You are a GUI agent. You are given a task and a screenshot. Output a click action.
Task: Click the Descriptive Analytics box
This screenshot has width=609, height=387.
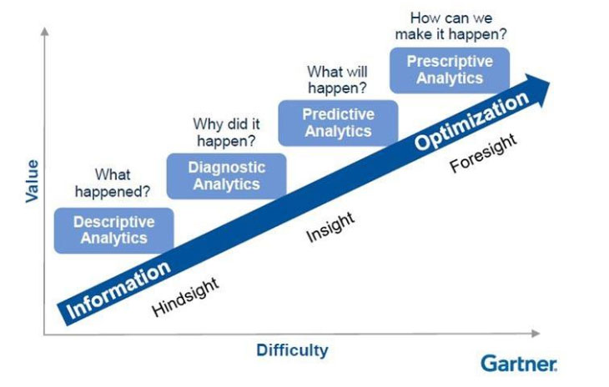point(113,230)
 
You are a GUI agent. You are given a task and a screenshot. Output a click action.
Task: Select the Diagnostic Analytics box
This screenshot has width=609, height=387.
point(226,176)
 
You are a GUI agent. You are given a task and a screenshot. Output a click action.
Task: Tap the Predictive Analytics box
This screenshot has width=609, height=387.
point(339,123)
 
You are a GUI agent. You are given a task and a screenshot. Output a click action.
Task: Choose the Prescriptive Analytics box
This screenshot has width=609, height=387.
point(450,70)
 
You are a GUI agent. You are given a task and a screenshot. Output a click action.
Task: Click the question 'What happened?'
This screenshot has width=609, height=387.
point(113,183)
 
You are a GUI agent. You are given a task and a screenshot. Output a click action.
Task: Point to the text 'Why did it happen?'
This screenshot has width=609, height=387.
point(226,133)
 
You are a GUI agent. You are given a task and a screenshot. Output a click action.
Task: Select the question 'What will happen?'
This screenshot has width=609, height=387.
point(337,79)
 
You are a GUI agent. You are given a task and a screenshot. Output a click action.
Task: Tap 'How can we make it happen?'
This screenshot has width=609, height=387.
point(451,26)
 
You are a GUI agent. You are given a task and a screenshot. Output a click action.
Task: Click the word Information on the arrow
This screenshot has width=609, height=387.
point(118,289)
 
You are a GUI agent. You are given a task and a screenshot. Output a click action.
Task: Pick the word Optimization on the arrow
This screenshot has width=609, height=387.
point(471,121)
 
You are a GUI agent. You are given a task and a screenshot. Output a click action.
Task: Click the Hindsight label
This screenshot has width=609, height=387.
point(185,297)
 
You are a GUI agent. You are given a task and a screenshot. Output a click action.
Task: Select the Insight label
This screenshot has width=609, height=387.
point(330,227)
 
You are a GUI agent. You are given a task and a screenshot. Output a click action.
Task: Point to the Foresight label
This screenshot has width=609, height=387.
point(483,153)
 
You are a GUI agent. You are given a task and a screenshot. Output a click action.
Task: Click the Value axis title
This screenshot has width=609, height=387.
point(33,181)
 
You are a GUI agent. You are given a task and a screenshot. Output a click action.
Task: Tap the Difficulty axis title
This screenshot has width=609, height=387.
point(293,350)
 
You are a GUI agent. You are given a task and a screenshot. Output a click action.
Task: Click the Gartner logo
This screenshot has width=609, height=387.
point(519,364)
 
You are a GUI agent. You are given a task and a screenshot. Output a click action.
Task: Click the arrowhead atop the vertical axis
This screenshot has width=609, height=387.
point(45,31)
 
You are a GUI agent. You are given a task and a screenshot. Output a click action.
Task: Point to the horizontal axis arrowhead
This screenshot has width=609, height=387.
point(536,334)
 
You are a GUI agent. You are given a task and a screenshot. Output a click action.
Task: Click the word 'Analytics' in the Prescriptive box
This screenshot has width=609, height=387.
point(450,78)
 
